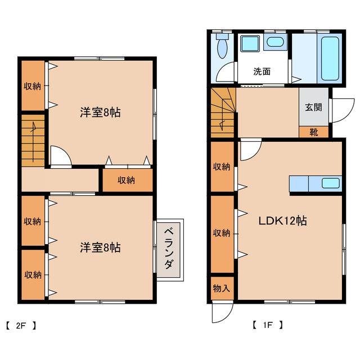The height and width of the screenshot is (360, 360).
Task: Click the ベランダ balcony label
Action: pyautogui.click(x=169, y=248)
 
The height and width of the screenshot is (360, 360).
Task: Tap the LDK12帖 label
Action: pyautogui.click(x=282, y=221)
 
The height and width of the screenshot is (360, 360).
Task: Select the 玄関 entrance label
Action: pyautogui.click(x=313, y=107)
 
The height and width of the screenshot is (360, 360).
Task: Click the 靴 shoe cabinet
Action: pyautogui.click(x=313, y=132)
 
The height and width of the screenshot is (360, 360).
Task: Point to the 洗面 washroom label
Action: pyautogui.click(x=262, y=71)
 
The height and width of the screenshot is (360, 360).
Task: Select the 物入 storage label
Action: pyautogui.click(x=221, y=289)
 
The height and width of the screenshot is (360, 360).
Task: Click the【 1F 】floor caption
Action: pyautogui.click(x=267, y=325)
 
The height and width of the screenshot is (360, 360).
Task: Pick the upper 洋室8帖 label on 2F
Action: pyautogui.click(x=100, y=112)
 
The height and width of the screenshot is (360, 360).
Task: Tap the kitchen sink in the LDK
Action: pyautogui.click(x=330, y=183)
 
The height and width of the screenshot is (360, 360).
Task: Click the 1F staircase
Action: pyautogui.click(x=223, y=113)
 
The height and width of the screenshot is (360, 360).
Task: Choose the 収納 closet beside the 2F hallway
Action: pyautogui.click(x=127, y=180)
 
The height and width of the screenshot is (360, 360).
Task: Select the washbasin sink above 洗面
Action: pyautogui.click(x=275, y=42)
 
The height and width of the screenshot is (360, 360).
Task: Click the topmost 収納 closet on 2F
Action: pyautogui.click(x=32, y=85)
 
